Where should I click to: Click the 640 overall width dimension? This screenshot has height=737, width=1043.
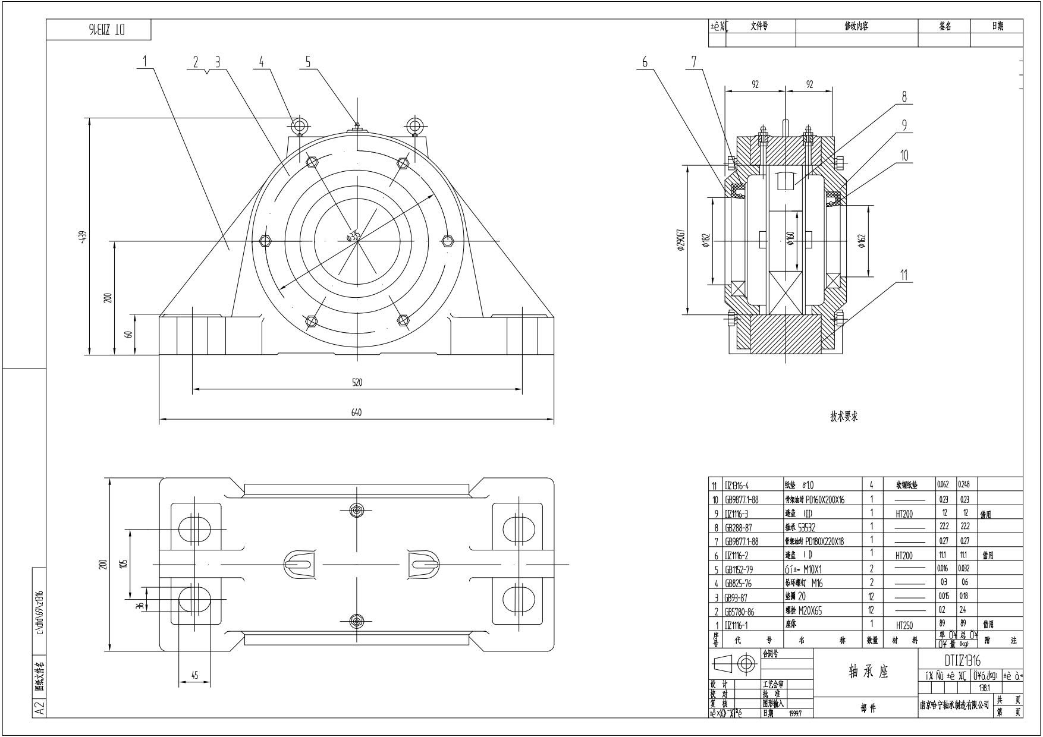pos(356,412)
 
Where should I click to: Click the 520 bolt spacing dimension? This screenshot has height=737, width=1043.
pos(356,382)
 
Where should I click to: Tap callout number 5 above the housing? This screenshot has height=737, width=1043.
pos(308,61)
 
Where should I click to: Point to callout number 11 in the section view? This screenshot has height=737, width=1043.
pos(904,275)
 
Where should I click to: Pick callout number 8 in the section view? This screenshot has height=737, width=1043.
pos(904,97)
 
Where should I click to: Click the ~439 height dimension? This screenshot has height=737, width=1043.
pos(83,238)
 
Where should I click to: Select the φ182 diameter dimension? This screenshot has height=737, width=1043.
pos(706,240)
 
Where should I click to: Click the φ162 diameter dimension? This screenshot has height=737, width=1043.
pos(862,241)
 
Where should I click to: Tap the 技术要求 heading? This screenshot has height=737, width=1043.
pos(844,417)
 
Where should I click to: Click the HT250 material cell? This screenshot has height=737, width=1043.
pos(904,625)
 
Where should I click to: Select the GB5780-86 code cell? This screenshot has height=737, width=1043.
pos(740,612)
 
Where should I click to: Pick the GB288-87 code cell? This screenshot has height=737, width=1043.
pos(738,527)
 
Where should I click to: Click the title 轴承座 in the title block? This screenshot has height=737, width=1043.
pos(868,672)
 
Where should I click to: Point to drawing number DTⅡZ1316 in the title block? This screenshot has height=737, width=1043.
pos(963,660)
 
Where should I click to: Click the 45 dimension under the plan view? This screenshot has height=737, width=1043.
pos(194,675)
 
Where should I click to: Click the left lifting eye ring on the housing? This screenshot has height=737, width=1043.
pos(299,125)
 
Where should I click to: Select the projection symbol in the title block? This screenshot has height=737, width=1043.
pos(735,664)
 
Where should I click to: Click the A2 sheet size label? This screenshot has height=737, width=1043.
pos(39,708)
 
